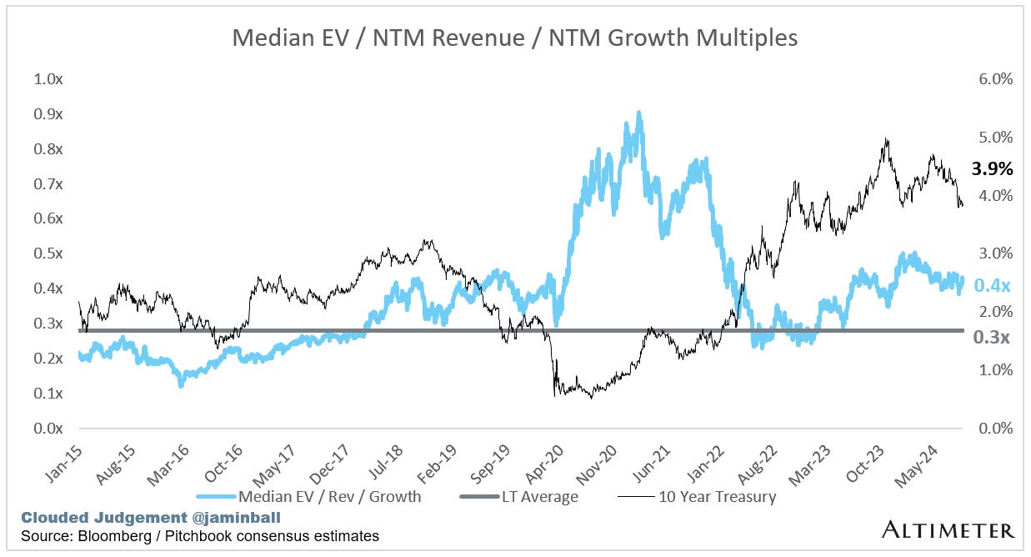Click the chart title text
pos(515,38)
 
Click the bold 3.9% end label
pos(993,169)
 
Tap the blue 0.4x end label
pos(993,286)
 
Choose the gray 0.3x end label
pos(993,338)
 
